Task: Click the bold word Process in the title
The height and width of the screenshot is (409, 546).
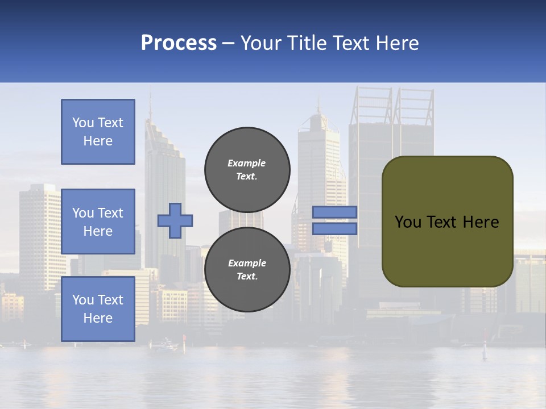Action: pos(179,43)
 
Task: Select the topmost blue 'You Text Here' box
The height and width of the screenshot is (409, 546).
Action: pos(98,132)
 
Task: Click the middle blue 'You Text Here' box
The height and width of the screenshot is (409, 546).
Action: pos(98,222)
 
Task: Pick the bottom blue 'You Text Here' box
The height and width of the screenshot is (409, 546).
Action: pos(98,309)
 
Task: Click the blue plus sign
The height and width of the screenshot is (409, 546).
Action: pos(175,220)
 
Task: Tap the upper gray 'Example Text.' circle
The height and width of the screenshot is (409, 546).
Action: pos(247,170)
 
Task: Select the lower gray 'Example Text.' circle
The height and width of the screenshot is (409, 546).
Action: pos(247,270)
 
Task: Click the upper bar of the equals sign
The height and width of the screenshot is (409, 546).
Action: pos(334,212)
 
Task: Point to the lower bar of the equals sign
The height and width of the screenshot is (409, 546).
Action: pos(334,228)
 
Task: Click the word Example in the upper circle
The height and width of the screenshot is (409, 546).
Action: pos(246,163)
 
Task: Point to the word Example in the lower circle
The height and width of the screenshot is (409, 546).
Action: pos(247,263)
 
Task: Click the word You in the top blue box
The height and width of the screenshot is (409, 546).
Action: pos(83,123)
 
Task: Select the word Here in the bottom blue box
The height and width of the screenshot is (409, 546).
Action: pos(98,318)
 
